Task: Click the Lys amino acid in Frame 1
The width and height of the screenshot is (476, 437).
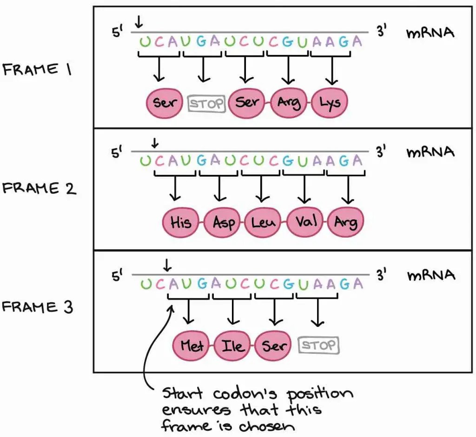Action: click(330, 102)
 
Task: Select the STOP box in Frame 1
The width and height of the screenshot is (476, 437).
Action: click(207, 104)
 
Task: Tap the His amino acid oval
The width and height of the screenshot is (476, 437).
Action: click(181, 222)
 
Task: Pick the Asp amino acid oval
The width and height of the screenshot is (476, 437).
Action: click(223, 222)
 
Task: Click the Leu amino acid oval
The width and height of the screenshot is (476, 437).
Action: click(263, 222)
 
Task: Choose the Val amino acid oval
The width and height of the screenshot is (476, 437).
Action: click(305, 222)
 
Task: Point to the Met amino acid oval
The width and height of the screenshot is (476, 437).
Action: click(191, 345)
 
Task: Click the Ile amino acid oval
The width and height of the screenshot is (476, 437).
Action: click(232, 345)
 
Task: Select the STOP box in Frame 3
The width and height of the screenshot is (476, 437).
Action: click(319, 345)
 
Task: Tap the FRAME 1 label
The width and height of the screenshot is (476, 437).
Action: click(37, 69)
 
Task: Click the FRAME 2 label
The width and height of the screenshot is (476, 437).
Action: click(39, 188)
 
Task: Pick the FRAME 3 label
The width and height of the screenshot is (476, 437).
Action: click(37, 307)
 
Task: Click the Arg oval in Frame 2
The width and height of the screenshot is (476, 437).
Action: click(346, 222)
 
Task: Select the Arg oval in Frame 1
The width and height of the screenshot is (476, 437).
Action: click(288, 102)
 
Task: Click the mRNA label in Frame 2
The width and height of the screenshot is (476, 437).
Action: click(430, 152)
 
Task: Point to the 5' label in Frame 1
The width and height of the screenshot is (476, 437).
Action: click(117, 32)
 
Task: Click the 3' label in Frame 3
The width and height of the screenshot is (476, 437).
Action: click(381, 275)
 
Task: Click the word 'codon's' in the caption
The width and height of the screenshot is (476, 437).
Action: click(245, 394)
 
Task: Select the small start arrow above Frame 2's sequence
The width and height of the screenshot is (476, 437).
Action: click(155, 143)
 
